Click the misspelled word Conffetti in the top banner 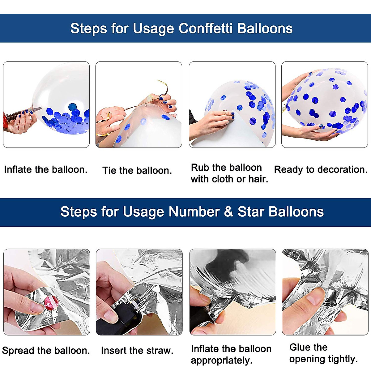(x=206, y=28)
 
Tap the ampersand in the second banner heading (x=228, y=211)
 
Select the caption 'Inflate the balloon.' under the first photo (x=46, y=170)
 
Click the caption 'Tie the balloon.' (x=137, y=170)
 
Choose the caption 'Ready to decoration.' (x=321, y=170)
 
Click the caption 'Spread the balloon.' (x=46, y=350)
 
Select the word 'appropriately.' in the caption (x=222, y=360)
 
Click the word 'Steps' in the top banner (x=88, y=28)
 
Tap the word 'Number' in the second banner (x=194, y=211)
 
